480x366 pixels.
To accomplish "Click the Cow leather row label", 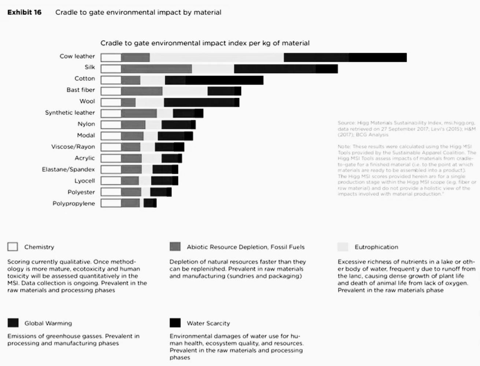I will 77,56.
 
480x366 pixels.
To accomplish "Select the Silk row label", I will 90,67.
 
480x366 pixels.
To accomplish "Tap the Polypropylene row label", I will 74,203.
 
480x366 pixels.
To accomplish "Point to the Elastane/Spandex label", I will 68,169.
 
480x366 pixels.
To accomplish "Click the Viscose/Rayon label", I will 73,147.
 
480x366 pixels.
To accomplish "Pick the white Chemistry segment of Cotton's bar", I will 111,80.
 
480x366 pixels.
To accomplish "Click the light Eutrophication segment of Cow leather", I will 217,57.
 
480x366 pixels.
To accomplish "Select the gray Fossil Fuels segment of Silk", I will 156,69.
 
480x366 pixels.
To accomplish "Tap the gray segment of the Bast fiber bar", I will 142,91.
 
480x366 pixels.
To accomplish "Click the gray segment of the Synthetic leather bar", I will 139,113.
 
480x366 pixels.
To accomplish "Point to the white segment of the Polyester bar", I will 111,192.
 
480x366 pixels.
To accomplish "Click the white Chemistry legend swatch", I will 12,247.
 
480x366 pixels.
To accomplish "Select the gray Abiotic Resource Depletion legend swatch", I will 175,247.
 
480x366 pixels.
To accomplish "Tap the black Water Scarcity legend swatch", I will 175,323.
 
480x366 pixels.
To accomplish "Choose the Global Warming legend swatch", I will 13,323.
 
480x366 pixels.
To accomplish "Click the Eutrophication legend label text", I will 376,247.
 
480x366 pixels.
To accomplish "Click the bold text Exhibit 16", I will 25,12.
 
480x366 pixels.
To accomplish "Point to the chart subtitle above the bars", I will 205,43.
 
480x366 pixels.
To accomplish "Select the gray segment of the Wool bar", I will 128,102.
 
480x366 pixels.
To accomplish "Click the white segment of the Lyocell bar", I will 111,181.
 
